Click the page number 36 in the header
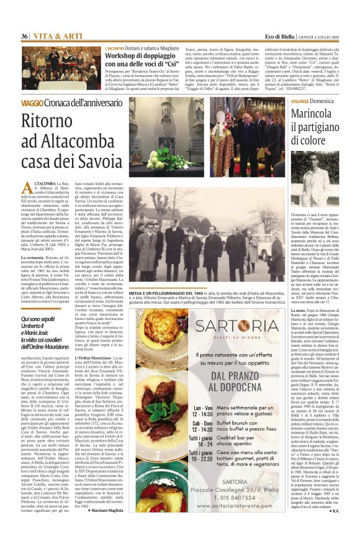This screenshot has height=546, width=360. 25,37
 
